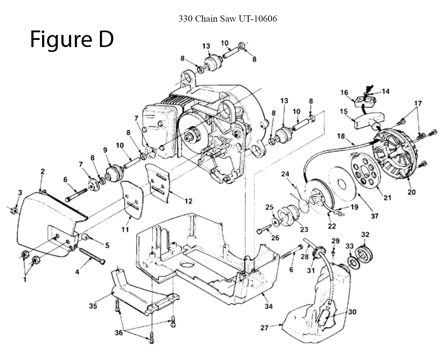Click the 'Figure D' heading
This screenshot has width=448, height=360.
click(x=72, y=40)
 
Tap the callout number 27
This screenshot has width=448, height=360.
click(x=264, y=328)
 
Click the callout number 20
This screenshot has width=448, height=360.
click(x=411, y=192)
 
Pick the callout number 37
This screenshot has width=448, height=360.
click(x=375, y=216)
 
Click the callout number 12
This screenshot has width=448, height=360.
click(x=188, y=200)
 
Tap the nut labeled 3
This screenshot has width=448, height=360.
click(x=14, y=210)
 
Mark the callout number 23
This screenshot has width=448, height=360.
click(x=304, y=229)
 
